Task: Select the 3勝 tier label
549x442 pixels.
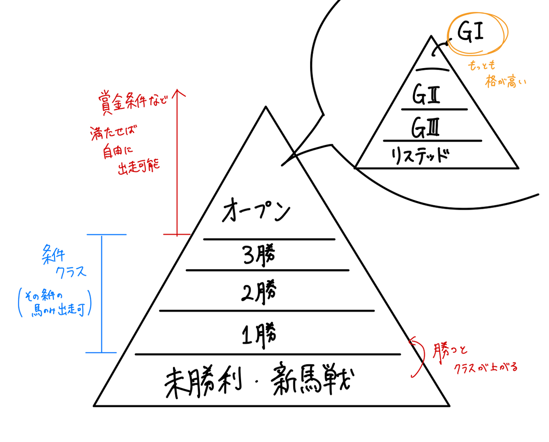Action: pyautogui.click(x=259, y=255)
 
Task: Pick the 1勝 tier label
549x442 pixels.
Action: pyautogui.click(x=259, y=335)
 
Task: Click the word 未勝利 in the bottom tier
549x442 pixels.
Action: pyautogui.click(x=203, y=383)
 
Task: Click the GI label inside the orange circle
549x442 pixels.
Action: pyautogui.click(x=470, y=32)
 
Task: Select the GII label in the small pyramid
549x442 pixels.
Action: pyautogui.click(x=426, y=95)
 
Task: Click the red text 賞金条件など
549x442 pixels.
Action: pyautogui.click(x=133, y=101)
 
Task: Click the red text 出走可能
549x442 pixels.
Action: pyautogui.click(x=139, y=167)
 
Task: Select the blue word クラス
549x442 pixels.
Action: pyautogui.click(x=71, y=272)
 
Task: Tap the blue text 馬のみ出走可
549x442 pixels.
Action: pyautogui.click(x=58, y=310)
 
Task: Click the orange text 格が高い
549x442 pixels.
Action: pyautogui.click(x=506, y=81)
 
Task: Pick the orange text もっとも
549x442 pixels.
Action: pyautogui.click(x=481, y=65)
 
